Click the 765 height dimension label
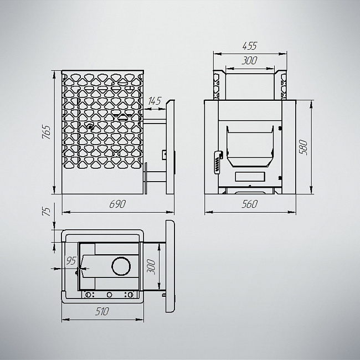[x=47, y=132]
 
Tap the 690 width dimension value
[x=117, y=204]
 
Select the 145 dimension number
[x=155, y=101]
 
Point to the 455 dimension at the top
[x=250, y=46]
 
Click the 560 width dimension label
[x=250, y=204]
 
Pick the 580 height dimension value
[x=303, y=147]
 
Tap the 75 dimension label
[x=47, y=211]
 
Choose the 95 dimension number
[x=71, y=261]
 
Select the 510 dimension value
[x=102, y=311]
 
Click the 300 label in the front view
[x=250, y=60]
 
